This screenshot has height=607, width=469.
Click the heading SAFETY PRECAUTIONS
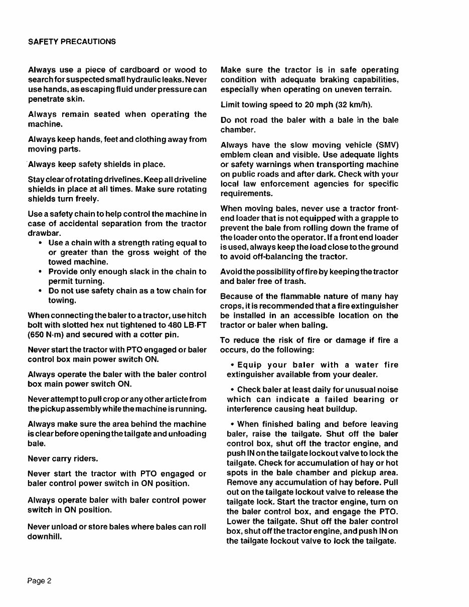point(72,42)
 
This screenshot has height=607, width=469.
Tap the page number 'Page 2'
point(40,581)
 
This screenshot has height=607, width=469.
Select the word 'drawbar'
point(44,233)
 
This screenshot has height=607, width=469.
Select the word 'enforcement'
point(290,184)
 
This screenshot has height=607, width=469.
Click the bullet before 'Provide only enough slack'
point(40,271)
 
